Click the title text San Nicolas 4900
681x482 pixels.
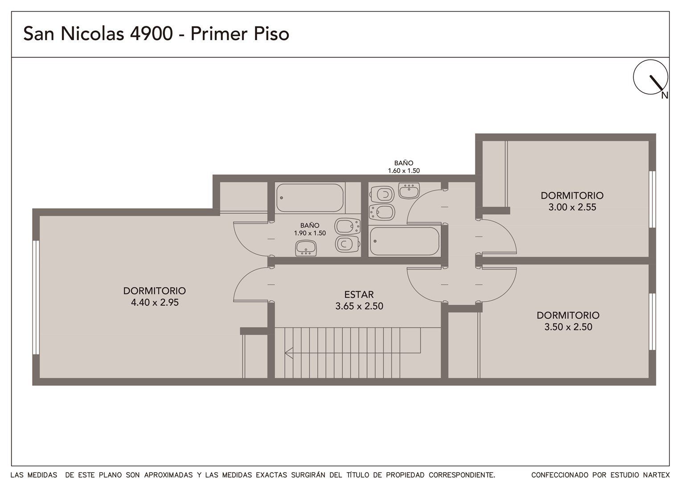tap(98, 33)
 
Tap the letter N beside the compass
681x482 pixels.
tap(665, 96)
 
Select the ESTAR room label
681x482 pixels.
tap(359, 295)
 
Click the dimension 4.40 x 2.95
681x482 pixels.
tap(155, 302)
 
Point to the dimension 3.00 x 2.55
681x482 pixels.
tap(572, 207)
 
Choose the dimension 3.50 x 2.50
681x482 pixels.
tap(568, 327)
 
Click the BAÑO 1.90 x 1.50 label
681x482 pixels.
tap(310, 229)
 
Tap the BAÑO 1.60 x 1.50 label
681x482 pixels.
tap(404, 167)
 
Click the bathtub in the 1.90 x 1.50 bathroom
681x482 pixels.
tap(310, 198)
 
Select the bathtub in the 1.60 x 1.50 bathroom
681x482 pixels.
tap(405, 241)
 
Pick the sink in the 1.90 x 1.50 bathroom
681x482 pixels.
tap(306, 248)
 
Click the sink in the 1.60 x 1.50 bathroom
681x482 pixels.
tap(409, 191)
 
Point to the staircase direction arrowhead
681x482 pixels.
tap(288, 353)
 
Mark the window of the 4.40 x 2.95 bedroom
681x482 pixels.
tap(36, 298)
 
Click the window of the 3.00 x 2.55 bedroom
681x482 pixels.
tap(652, 199)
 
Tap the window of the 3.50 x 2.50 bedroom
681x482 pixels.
tap(652, 322)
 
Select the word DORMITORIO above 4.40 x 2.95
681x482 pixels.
tap(155, 291)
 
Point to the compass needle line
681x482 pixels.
tap(656, 83)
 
